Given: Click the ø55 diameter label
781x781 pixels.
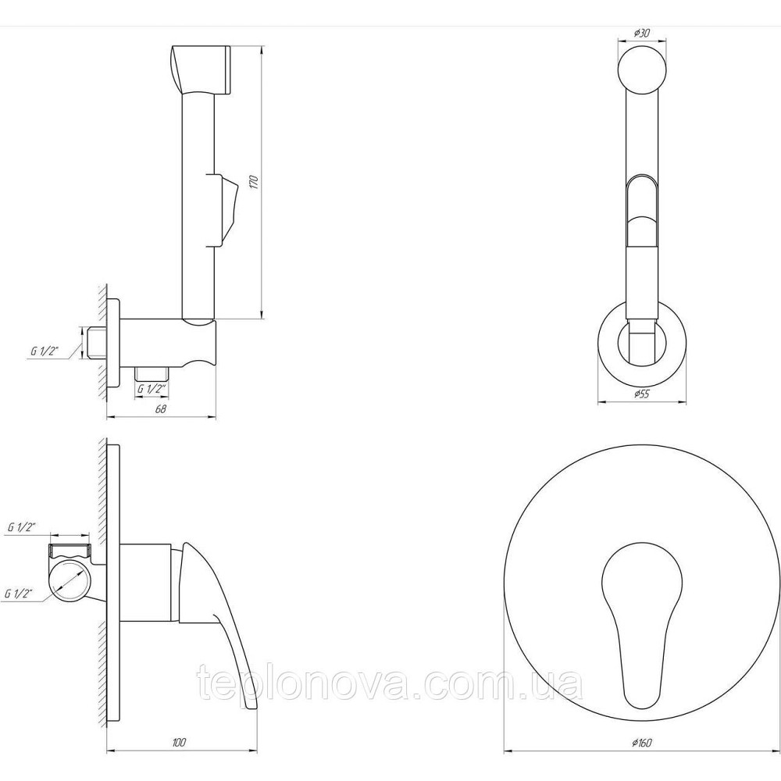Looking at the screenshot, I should point(641,394).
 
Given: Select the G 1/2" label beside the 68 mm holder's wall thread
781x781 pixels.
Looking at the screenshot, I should point(45,351).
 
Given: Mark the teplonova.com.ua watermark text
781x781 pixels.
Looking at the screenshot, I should point(390,686).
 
